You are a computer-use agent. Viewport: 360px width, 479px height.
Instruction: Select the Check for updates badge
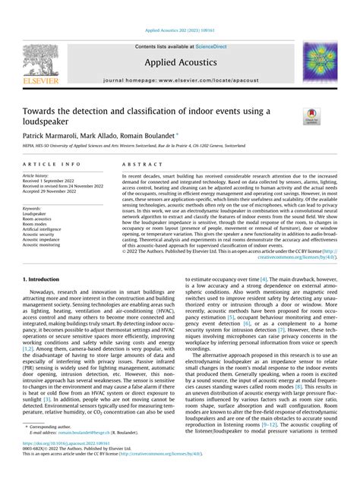312,116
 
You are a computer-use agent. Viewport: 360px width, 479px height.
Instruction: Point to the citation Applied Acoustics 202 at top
179,33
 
